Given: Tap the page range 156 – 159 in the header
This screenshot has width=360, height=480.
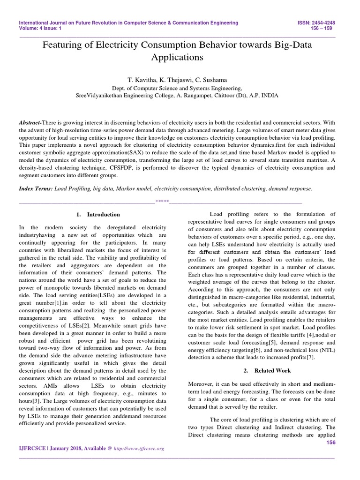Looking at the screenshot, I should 326,28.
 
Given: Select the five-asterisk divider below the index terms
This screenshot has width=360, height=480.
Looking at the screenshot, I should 162,202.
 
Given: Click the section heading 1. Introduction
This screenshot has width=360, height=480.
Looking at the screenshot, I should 98,214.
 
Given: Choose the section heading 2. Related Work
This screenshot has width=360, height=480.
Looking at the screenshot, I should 262,370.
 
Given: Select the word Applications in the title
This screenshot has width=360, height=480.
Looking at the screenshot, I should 177,58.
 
